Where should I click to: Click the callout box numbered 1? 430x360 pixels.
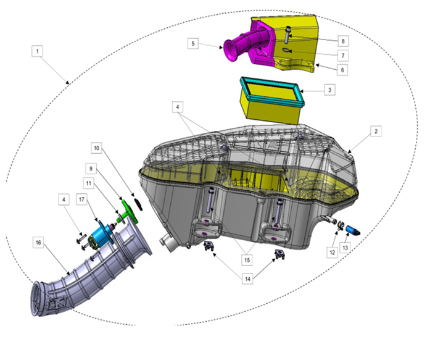click(x=37, y=51)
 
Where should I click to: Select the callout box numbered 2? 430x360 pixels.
click(x=376, y=132)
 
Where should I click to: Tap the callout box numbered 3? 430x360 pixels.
click(x=329, y=90)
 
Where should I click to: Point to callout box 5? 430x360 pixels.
click(x=193, y=44)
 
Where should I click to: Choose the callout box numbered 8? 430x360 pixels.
click(x=343, y=41)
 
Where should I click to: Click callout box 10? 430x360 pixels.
click(x=96, y=148)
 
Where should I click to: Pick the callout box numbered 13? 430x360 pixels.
click(x=345, y=248)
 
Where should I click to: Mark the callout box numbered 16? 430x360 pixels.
click(x=38, y=243)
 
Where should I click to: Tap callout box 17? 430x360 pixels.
click(x=81, y=199)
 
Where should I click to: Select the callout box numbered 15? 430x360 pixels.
click(x=247, y=260)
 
